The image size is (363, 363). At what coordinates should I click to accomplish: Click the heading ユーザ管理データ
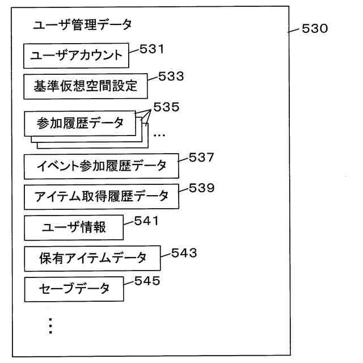click(82, 25)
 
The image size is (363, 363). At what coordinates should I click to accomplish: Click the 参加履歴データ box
click(80, 123)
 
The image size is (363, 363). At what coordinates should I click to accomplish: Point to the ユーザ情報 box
click(74, 228)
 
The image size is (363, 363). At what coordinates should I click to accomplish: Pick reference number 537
click(202, 158)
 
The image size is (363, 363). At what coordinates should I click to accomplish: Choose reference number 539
click(202, 188)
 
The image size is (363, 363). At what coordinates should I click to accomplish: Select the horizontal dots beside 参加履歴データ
click(159, 136)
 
